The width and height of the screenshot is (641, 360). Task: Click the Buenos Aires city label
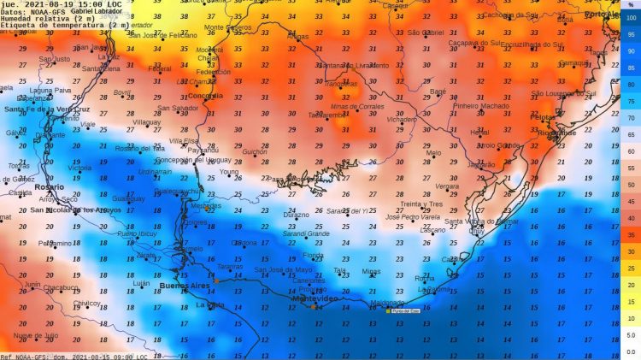click(x=189, y=285)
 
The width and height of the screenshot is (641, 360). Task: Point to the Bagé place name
click(x=438, y=91)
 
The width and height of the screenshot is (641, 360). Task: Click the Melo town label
click(x=434, y=153)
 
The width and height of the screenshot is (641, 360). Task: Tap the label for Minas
click(x=371, y=271)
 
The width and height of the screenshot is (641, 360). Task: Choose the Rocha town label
click(x=424, y=278)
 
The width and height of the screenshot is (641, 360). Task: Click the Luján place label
click(x=142, y=282)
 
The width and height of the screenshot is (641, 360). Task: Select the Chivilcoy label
click(x=87, y=303)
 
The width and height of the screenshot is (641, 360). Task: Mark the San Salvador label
click(x=177, y=109)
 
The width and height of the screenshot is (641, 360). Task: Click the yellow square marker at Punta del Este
click(x=387, y=310)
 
